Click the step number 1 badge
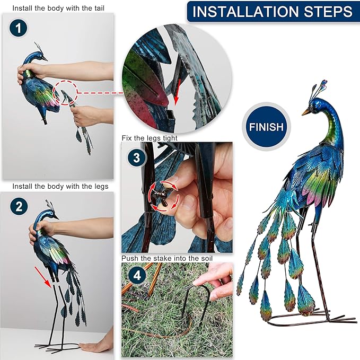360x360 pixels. pos(19,29)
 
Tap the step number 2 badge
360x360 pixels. pos(19,207)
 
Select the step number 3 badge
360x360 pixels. pos(136,157)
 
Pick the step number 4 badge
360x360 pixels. pos(136,276)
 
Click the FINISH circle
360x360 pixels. pos(267,127)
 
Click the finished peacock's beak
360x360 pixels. pos(306,112)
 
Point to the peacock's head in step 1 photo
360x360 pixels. pos(40,55)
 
